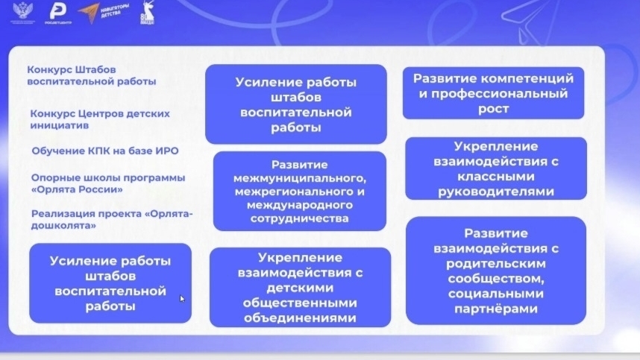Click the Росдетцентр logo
coord(57,13)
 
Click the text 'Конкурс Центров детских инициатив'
coord(100,119)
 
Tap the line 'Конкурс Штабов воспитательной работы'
coord(92,76)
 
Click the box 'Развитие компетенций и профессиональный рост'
coord(493,93)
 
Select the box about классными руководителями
coord(495,169)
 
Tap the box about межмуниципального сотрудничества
coord(299,192)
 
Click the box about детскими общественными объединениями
coord(300,287)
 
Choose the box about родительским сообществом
coord(495,271)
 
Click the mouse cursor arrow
coord(182,299)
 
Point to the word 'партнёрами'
coord(495,309)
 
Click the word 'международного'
coord(299,204)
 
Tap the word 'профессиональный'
coord(493,94)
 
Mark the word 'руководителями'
coord(495,192)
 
